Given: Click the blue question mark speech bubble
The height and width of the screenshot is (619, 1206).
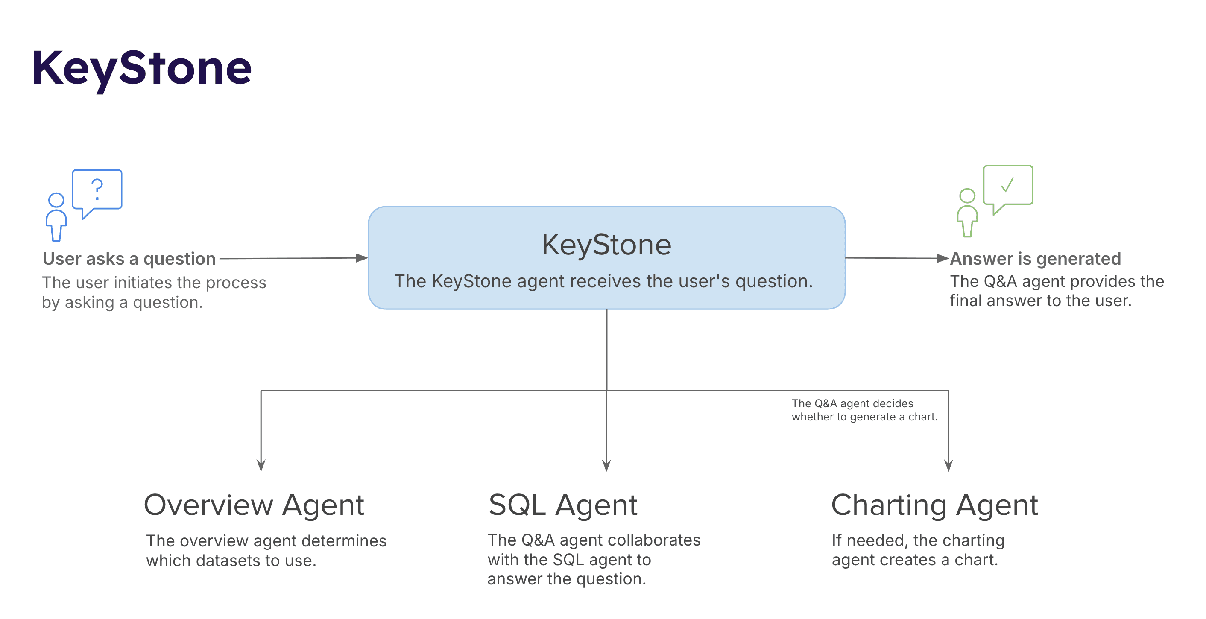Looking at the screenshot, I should coord(97,190).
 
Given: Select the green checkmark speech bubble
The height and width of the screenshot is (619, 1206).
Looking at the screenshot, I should coord(1007,186).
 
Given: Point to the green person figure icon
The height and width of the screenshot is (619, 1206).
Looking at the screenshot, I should coord(967,213).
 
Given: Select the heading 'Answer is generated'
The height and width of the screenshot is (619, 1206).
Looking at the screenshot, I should coord(1035,259).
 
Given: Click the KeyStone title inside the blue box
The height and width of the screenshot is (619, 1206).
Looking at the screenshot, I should coord(606,244).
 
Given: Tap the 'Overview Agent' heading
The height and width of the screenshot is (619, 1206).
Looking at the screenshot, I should coord(254,505).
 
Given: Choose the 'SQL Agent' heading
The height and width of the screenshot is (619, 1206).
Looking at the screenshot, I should coord(563,505).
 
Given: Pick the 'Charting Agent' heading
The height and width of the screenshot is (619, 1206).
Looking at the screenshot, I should coord(934,505).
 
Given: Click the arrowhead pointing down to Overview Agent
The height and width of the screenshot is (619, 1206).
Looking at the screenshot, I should coord(261,466).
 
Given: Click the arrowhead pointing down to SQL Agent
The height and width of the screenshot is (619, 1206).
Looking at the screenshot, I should coord(606,466).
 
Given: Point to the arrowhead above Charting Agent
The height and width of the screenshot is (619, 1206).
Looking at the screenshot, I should coord(948,466).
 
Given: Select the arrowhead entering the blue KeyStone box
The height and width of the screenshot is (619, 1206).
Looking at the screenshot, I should coord(361,258).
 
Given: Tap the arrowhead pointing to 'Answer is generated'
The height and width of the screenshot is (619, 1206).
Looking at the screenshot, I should coord(943,258).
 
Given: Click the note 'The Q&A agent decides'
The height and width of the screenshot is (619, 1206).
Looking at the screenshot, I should coord(852,403).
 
